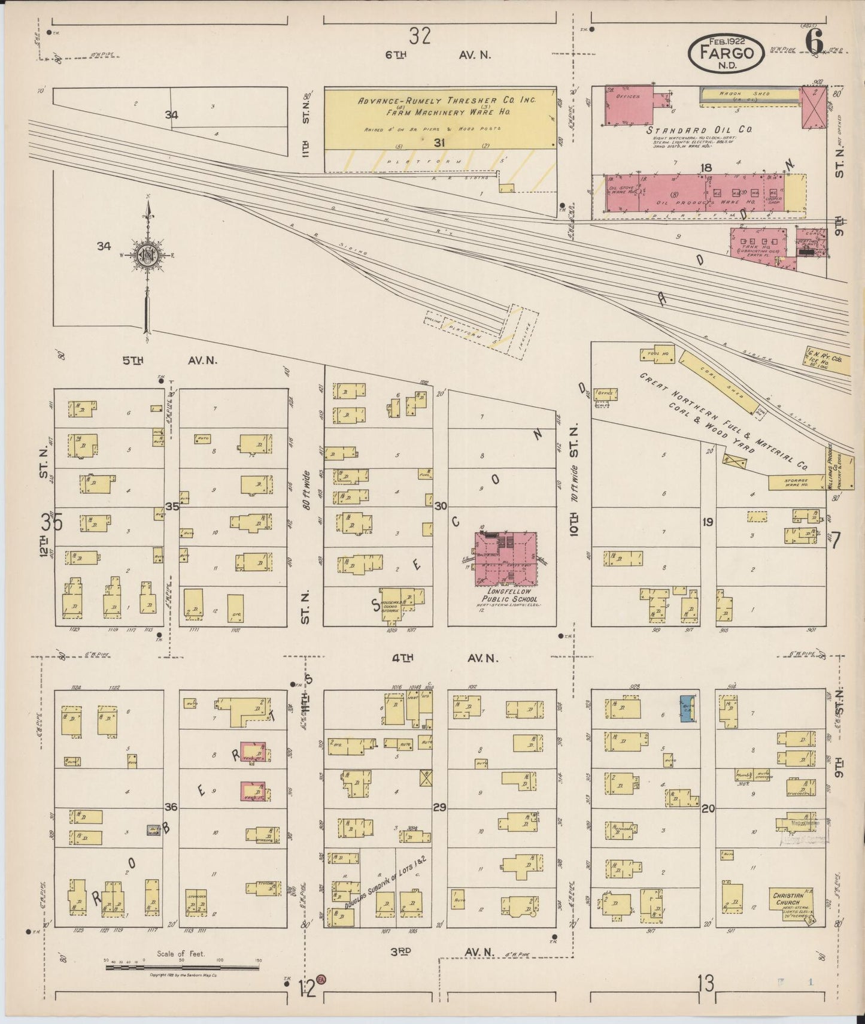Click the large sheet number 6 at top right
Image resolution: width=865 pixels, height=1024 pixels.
coord(815,43)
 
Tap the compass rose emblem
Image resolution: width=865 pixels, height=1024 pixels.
coord(147,255)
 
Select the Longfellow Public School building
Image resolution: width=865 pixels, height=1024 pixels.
coord(506,559)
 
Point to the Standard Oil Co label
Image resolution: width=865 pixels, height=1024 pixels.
coord(698,129)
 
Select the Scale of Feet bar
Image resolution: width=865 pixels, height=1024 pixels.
coord(183,967)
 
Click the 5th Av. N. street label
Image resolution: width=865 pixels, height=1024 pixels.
coord(169,360)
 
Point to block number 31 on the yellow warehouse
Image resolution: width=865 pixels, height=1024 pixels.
coord(440,143)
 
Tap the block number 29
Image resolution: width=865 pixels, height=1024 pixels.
coord(440,808)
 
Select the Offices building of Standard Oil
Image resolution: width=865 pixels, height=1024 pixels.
coord(629,105)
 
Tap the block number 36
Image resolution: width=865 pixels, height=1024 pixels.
coord(171,807)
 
